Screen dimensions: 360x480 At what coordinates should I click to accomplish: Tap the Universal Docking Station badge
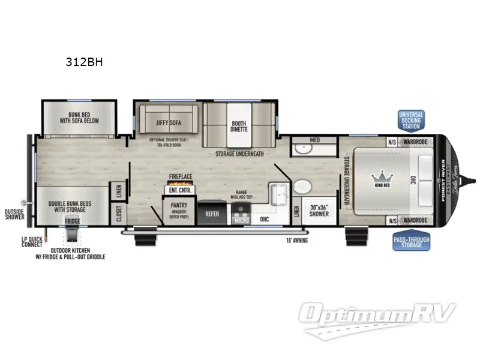[x=411, y=121]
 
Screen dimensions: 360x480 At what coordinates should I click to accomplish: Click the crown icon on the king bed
[x=382, y=176]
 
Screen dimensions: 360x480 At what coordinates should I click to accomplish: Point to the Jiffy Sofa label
[x=169, y=122]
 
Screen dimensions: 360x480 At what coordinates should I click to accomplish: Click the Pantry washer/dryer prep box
[x=176, y=212]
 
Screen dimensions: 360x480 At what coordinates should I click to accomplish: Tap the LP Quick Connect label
[x=31, y=242]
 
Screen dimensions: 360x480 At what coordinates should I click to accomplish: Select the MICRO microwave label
[x=242, y=221]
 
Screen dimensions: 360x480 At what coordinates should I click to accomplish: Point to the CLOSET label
[x=119, y=213]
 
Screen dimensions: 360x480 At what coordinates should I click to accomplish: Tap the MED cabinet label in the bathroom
[x=314, y=140]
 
